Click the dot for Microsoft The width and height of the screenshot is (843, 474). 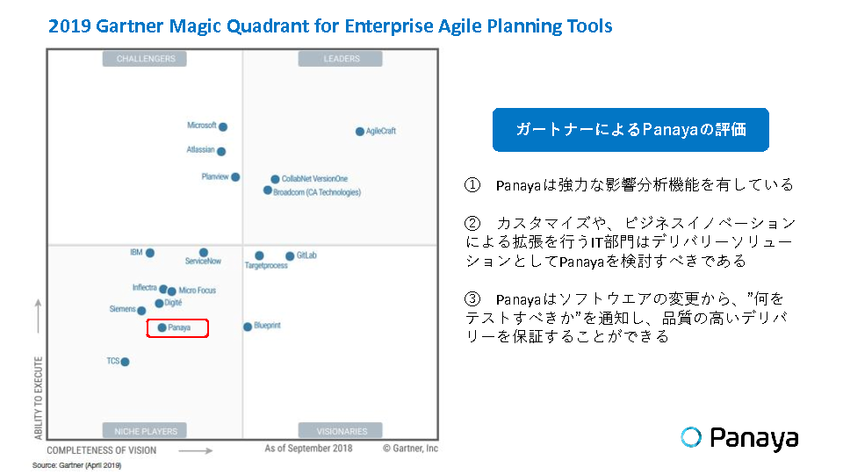point(223,126)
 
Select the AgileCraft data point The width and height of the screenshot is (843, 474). point(360,131)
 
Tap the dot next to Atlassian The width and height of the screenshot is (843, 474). point(221,152)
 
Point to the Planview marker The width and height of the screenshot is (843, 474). point(235,176)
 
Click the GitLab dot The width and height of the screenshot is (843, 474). point(290,255)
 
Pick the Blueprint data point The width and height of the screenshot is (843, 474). point(248,327)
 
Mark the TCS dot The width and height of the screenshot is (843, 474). point(125,362)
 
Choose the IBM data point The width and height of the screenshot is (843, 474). point(150,253)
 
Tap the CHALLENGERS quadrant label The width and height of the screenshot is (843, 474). point(145,59)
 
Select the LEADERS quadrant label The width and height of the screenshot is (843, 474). point(341,59)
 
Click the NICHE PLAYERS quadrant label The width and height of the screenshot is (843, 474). point(145,431)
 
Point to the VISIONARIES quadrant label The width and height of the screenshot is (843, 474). point(341,431)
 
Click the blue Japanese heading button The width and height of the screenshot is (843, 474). point(630,130)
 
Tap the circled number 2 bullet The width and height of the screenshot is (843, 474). point(472,223)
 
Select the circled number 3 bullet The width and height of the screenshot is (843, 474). point(472,298)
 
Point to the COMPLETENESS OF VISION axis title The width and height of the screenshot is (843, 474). point(102,450)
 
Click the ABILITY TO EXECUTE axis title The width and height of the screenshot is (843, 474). point(38,398)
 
